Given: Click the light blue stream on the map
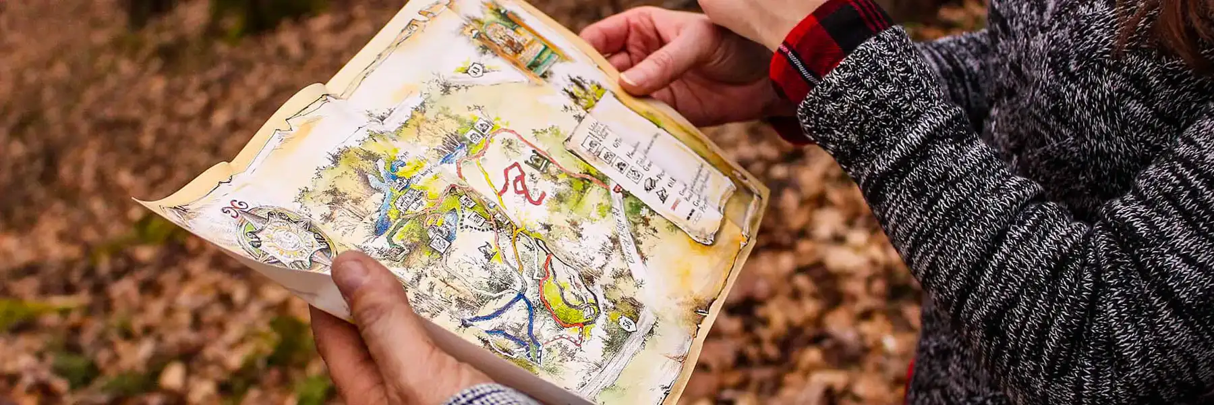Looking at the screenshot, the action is [x=381, y=202].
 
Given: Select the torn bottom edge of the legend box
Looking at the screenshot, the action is [x=701, y=233].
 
